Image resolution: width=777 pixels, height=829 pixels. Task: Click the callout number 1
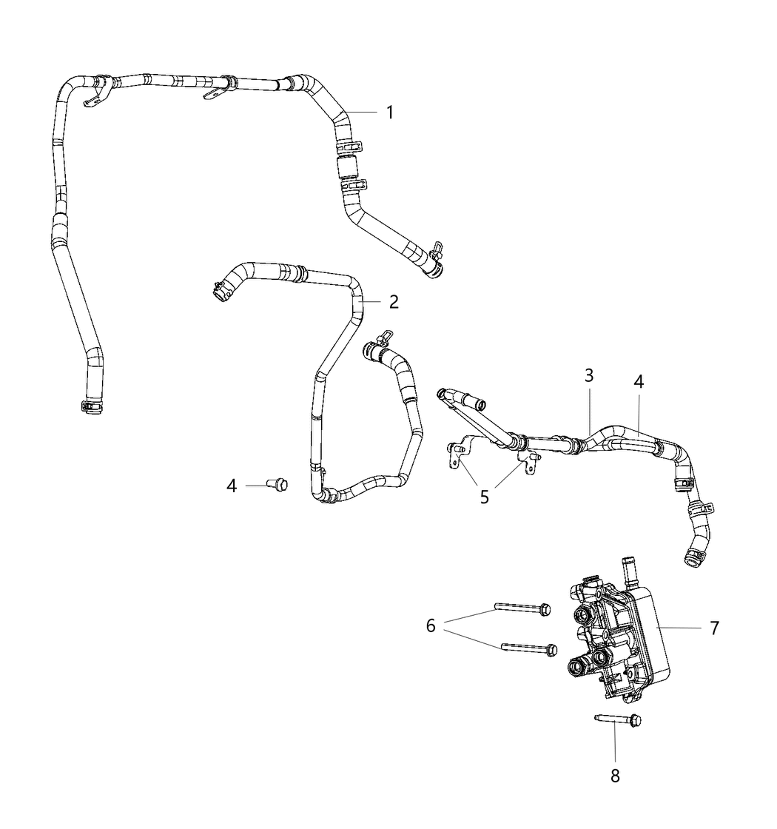click(x=390, y=113)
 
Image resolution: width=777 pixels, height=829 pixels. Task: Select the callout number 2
click(x=394, y=301)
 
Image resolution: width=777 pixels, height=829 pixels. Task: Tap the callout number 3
click(x=588, y=375)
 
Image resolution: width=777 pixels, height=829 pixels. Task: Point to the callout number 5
click(x=485, y=497)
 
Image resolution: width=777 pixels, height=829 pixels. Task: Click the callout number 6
click(x=431, y=626)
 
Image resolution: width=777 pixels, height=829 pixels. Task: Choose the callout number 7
click(x=714, y=628)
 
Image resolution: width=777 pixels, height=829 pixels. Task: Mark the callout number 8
click(x=615, y=775)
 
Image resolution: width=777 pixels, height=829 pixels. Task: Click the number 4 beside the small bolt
click(x=232, y=486)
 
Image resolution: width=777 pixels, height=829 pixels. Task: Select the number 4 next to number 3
click(x=639, y=382)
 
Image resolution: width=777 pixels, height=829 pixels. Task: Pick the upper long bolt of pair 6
click(x=522, y=609)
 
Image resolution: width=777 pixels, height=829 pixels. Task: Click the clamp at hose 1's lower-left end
click(x=90, y=404)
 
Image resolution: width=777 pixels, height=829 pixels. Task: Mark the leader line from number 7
click(x=681, y=628)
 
